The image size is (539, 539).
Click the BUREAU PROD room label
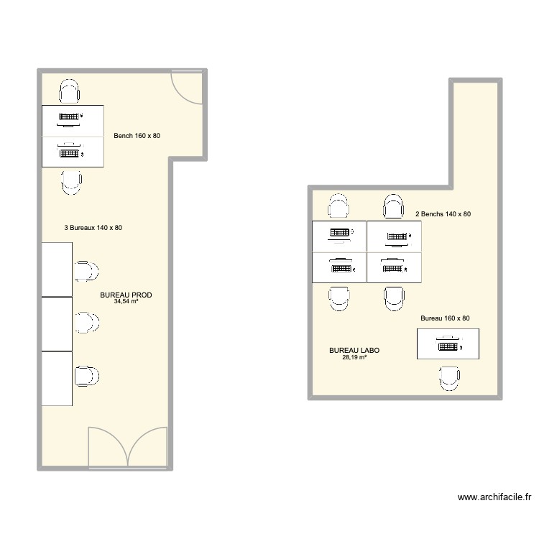click(x=126, y=295)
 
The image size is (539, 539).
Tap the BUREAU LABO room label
click(x=354, y=351)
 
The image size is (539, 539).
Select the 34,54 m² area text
click(x=126, y=302)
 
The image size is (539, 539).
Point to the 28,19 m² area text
click(x=354, y=357)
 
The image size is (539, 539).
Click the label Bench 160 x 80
click(x=142, y=136)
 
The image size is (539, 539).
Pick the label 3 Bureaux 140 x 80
click(x=93, y=228)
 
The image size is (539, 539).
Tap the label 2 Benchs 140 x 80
click(x=443, y=214)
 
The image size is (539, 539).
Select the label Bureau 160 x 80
click(x=445, y=318)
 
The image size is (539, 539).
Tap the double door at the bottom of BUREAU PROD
click(x=129, y=448)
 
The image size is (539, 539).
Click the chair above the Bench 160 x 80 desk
click(x=70, y=93)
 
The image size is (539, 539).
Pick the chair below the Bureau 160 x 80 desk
click(x=449, y=377)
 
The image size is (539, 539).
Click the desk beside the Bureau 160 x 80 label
click(x=448, y=344)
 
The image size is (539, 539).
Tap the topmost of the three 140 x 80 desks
click(x=57, y=269)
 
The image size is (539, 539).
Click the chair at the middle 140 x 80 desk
click(x=88, y=323)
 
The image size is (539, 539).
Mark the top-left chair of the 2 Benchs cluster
click(x=338, y=207)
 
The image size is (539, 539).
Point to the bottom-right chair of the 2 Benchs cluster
click(x=393, y=297)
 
